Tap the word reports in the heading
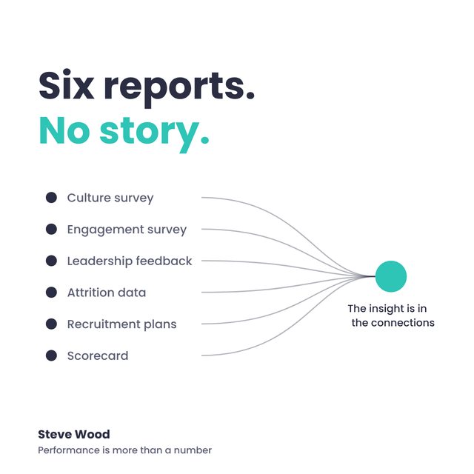coord(179,89)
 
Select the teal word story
coord(154,133)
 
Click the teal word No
coord(64,130)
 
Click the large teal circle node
coord(391,276)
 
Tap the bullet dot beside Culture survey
coord(51,198)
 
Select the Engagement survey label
coord(127,230)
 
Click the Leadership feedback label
coord(130,261)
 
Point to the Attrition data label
coord(107,293)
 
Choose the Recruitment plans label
coord(121,324)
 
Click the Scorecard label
coord(98,355)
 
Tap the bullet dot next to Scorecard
coord(51,355)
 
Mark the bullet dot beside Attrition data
coord(51,293)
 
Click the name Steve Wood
coord(74,435)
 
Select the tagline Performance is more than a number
coord(125,450)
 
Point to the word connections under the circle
coord(403,323)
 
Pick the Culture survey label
coord(110,198)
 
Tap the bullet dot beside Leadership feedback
coord(51,261)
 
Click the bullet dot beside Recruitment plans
coord(51,324)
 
